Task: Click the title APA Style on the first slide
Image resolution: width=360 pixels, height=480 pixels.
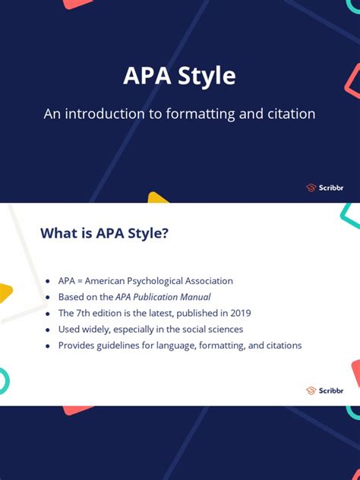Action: pos(179,77)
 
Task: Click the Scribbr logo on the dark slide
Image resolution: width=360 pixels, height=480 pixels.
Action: pos(324,188)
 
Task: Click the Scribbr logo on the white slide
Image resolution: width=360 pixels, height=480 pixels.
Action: pos(324,390)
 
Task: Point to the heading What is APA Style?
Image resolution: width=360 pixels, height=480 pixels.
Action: pos(104,233)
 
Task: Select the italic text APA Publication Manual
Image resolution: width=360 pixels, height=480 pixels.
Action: pos(163,297)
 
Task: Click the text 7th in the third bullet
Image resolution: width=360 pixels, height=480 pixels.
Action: pos(84,313)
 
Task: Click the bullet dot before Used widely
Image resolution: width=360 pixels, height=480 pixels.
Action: pos(48,330)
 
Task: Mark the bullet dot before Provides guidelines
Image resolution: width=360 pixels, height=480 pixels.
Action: pos(48,346)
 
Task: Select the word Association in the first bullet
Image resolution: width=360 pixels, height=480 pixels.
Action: pos(207,281)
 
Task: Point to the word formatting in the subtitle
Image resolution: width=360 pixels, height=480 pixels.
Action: pos(197,115)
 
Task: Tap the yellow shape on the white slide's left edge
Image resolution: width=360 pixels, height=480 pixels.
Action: pos(5,293)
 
